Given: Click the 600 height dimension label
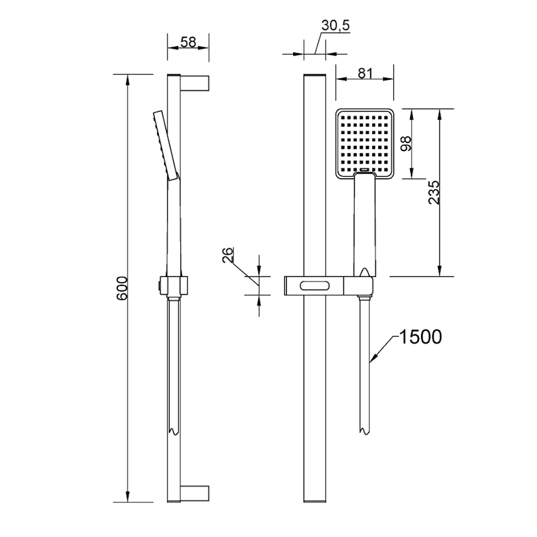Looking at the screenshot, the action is click(x=122, y=288).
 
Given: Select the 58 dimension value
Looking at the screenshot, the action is click(x=188, y=42).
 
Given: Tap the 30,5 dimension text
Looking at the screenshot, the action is click(x=336, y=25).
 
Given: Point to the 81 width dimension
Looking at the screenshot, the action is click(x=365, y=73).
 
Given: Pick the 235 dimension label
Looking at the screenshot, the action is click(x=434, y=192).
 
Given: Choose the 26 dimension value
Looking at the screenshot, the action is click(x=228, y=255).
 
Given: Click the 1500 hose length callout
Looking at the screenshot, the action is click(x=421, y=337).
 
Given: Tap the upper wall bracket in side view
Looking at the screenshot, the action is click(x=195, y=83).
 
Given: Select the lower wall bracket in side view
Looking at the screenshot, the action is click(x=195, y=493).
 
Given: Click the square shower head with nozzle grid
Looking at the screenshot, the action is click(x=365, y=144).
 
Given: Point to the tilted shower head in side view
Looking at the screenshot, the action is click(x=166, y=145).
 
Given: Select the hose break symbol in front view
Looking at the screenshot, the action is click(x=364, y=431).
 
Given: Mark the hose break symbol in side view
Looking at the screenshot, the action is click(x=175, y=431).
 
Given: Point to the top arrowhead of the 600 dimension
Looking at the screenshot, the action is click(x=127, y=80).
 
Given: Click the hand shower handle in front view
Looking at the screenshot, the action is click(x=365, y=224).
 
